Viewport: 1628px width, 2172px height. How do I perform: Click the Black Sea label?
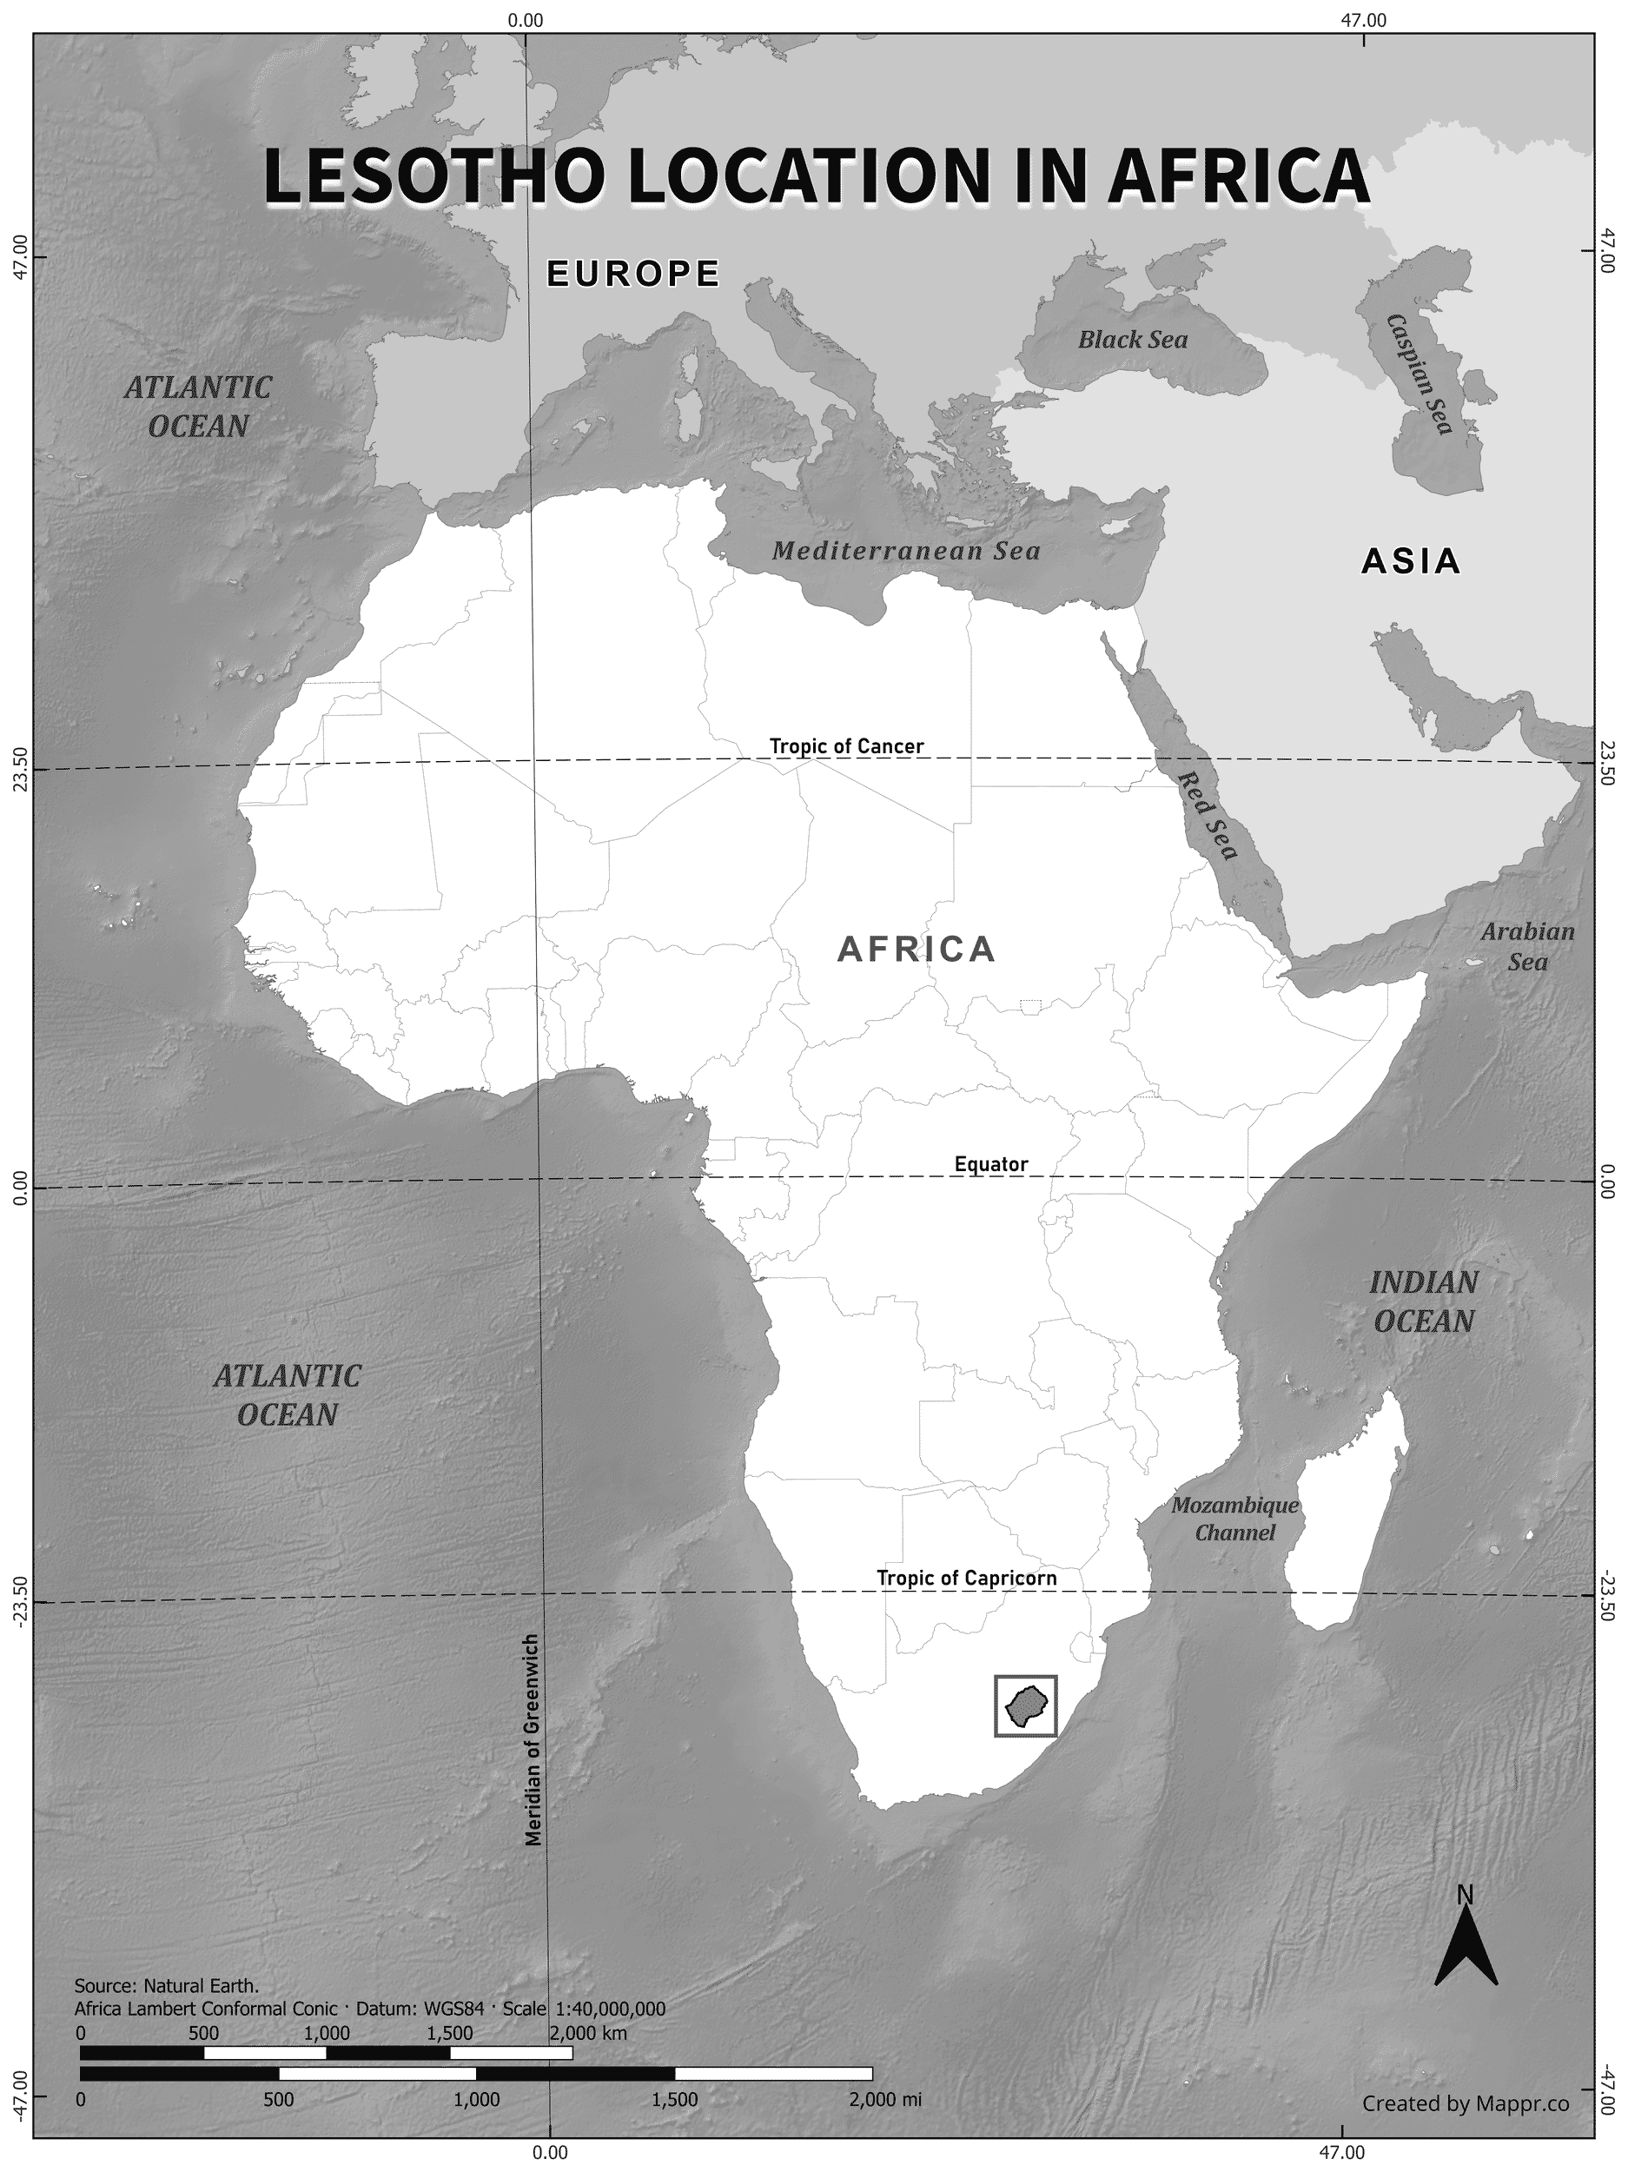[x=1132, y=340]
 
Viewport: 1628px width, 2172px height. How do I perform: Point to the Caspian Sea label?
[x=1419, y=374]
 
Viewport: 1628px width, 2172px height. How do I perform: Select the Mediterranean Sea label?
[x=905, y=551]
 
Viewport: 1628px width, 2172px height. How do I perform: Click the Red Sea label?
[x=1208, y=814]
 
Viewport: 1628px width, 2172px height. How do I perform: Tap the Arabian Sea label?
[x=1527, y=947]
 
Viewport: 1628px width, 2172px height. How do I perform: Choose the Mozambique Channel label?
[x=1234, y=1518]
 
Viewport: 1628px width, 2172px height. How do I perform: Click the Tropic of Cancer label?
[x=845, y=746]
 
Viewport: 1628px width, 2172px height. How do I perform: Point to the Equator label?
[x=990, y=1164]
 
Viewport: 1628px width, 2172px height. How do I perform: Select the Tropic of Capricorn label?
[x=966, y=1578]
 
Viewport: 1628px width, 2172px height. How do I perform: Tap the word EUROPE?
[x=633, y=274]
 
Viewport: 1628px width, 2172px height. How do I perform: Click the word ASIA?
[x=1410, y=561]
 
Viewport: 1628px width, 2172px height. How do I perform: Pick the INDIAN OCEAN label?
[x=1423, y=1301]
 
